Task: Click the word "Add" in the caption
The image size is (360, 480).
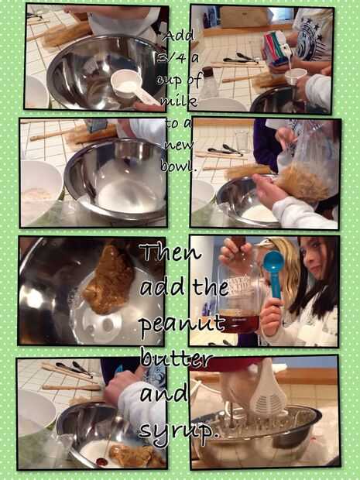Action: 179,37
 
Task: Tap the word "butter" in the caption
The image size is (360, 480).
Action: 177,360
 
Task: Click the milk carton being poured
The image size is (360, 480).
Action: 277,49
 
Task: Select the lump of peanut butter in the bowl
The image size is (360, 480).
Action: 108,279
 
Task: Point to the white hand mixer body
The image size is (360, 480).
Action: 268,386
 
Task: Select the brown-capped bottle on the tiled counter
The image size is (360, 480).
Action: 209,82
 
